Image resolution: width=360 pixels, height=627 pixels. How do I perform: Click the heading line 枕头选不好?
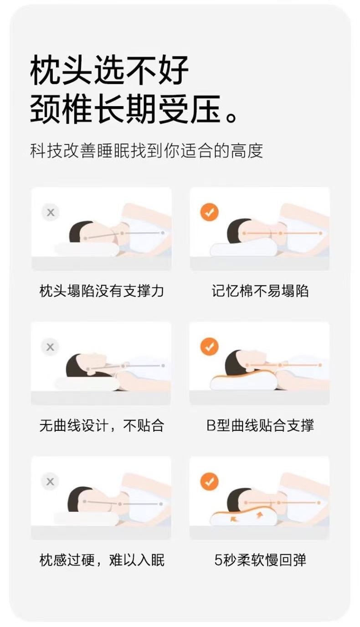pyautogui.click(x=109, y=71)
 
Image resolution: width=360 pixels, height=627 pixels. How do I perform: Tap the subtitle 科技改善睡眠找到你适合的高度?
pyautogui.click(x=147, y=151)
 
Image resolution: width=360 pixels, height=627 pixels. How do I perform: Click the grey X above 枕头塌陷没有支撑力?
pyautogui.click(x=51, y=213)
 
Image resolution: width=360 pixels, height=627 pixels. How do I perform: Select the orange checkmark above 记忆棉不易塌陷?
pyautogui.click(x=209, y=213)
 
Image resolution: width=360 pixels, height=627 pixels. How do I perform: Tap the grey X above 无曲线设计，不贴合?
pyautogui.click(x=50, y=347)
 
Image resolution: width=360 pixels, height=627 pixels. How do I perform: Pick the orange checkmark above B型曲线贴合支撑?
pyautogui.click(x=209, y=347)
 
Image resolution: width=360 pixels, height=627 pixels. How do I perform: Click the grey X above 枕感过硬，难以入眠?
pyautogui.click(x=50, y=481)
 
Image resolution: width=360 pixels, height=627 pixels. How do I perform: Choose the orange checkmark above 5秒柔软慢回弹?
pyautogui.click(x=209, y=481)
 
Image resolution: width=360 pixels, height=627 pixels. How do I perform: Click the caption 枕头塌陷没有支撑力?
pyautogui.click(x=102, y=291)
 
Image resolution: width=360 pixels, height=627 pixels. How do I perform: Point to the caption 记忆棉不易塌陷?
pyautogui.click(x=260, y=291)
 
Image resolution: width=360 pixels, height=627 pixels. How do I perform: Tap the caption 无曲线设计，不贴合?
pyautogui.click(x=102, y=425)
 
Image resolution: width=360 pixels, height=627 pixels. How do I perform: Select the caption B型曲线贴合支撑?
pyautogui.click(x=260, y=425)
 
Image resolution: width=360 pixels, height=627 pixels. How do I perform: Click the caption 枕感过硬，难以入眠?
pyautogui.click(x=102, y=560)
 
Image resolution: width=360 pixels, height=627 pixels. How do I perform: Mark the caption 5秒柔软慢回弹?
pyautogui.click(x=260, y=560)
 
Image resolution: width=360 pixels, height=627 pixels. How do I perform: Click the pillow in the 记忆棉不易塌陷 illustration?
pyautogui.click(x=243, y=248)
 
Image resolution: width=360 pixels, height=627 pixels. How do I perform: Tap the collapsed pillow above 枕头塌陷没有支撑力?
pyautogui.click(x=87, y=249)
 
